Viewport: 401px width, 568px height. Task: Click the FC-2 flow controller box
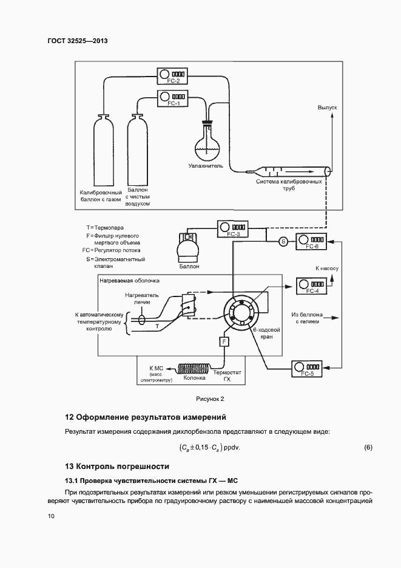pyautogui.click(x=173, y=76)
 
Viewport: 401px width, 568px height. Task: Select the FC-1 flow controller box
pyautogui.click(x=173, y=98)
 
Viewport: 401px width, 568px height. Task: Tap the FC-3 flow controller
pyautogui.click(x=233, y=230)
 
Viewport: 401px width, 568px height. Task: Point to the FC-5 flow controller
pyautogui.click(x=308, y=369)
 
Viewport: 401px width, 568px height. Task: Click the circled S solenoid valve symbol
pyautogui.click(x=283, y=242)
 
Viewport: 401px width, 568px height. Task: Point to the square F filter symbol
pyautogui.click(x=224, y=342)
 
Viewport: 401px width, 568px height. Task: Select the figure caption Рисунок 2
pyautogui.click(x=209, y=399)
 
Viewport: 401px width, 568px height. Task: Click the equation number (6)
pyautogui.click(x=368, y=447)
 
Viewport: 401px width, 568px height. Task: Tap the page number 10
pyautogui.click(x=51, y=516)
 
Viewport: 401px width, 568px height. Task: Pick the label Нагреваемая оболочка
pyautogui.click(x=129, y=281)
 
